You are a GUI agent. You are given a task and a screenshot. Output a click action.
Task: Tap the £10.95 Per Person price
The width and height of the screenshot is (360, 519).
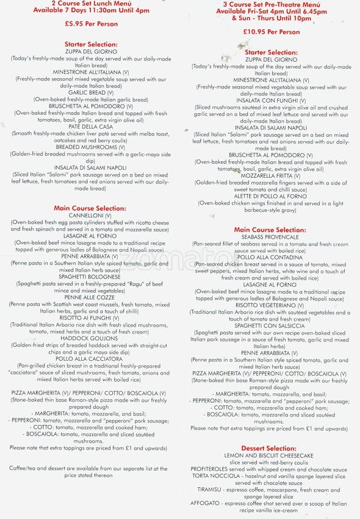pos(272,32)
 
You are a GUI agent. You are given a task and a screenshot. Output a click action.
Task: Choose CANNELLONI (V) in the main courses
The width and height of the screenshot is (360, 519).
pos(90,216)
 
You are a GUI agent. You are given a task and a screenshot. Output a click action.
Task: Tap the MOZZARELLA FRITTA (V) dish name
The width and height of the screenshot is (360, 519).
pos(272,175)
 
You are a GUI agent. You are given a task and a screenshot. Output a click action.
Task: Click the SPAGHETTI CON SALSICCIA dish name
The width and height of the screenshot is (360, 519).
pos(272,325)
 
